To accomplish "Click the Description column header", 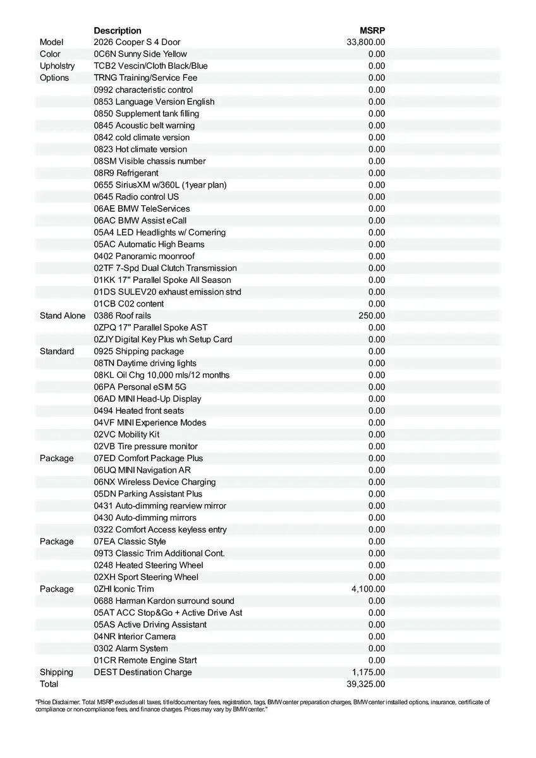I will click(118, 30).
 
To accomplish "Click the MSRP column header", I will click(372, 30).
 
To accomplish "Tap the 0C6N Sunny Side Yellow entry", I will click(140, 54).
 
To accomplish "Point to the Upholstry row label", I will click(57, 66).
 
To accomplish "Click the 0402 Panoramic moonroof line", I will click(144, 256).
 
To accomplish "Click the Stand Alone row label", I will click(62, 315).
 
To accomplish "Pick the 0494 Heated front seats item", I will click(139, 411).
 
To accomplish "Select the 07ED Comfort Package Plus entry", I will click(149, 458).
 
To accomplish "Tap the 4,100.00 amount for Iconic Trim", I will click(368, 589).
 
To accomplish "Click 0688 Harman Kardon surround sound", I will click(164, 601).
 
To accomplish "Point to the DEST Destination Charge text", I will click(143, 672).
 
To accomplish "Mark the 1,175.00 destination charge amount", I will click(368, 672).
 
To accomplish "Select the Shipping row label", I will click(56, 672).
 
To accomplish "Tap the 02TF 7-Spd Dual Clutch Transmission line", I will click(165, 268).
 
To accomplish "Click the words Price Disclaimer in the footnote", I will click(59, 702).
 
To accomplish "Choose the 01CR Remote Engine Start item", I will click(145, 660).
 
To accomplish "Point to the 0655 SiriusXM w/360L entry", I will click(160, 184).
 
